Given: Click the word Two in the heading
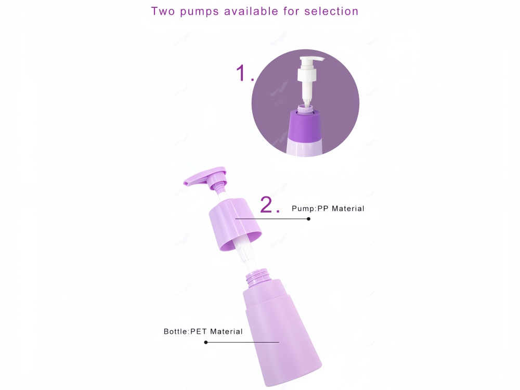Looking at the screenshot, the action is click(x=163, y=11).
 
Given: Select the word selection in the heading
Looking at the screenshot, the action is click(x=331, y=11).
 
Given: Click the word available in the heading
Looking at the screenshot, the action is click(x=251, y=11).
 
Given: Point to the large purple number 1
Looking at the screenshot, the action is click(x=241, y=73).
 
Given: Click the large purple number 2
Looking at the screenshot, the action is click(x=266, y=204).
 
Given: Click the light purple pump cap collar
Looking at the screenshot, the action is click(x=235, y=224).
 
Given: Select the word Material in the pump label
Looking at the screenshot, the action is click(x=348, y=209).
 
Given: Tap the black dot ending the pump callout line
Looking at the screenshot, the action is click(x=308, y=219).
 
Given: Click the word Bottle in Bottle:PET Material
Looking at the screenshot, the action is click(x=176, y=331).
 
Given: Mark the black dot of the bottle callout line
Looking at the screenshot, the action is click(x=206, y=342).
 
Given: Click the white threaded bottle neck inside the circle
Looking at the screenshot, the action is click(x=305, y=109).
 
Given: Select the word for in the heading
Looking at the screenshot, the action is click(x=291, y=11).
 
